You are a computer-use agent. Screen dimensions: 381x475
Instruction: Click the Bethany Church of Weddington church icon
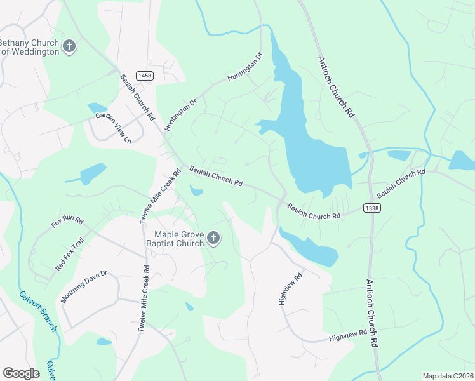tap(69, 46)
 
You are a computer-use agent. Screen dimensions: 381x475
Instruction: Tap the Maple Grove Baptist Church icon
tap(213, 239)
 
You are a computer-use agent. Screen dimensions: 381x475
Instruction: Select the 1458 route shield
tap(145, 76)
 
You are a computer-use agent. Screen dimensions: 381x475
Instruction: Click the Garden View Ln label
tap(113, 128)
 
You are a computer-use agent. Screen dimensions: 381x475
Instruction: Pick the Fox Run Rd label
tap(67, 222)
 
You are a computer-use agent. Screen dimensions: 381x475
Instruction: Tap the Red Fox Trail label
tap(69, 254)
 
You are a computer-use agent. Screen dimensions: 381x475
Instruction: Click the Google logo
tap(22, 373)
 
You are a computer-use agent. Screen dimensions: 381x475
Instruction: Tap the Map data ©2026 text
tap(447, 376)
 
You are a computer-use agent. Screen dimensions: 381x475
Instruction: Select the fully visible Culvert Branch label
tap(39, 311)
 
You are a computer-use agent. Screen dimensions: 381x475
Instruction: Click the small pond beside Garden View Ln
tap(97, 108)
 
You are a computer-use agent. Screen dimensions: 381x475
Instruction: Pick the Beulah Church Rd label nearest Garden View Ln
tap(138, 97)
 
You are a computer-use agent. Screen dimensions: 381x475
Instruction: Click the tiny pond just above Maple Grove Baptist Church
tap(196, 190)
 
